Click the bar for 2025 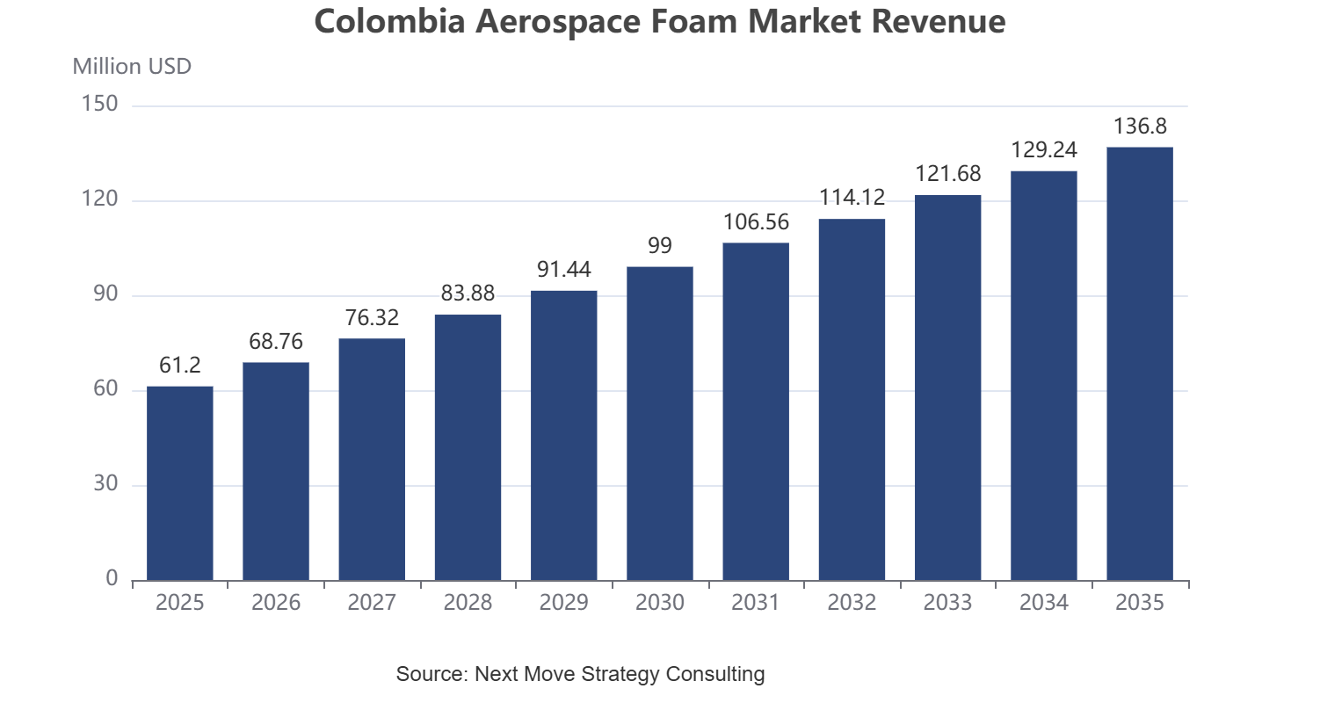pyautogui.click(x=180, y=483)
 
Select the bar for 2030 pyautogui.click(x=659, y=424)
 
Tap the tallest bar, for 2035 pyautogui.click(x=1140, y=364)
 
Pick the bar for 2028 pyautogui.click(x=468, y=447)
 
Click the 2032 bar pyautogui.click(x=852, y=400)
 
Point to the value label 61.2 pyautogui.click(x=180, y=366)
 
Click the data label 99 pyautogui.click(x=659, y=245)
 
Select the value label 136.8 pyautogui.click(x=1140, y=127)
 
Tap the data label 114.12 pyautogui.click(x=852, y=198)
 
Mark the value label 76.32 pyautogui.click(x=372, y=317)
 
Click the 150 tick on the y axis pyautogui.click(x=99, y=104)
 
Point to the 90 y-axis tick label pyautogui.click(x=105, y=294)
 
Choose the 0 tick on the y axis pyautogui.click(x=112, y=578)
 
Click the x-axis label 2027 pyautogui.click(x=372, y=602)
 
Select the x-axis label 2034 pyautogui.click(x=1044, y=602)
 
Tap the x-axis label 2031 pyautogui.click(x=756, y=602)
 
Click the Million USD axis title pyautogui.click(x=132, y=67)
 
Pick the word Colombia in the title pyautogui.click(x=389, y=21)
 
